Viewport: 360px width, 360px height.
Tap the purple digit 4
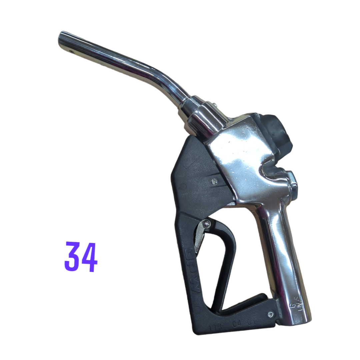click(x=89, y=257)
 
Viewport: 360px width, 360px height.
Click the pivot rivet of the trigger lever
click(x=207, y=224)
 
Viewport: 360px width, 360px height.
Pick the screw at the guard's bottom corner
click(x=271, y=314)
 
